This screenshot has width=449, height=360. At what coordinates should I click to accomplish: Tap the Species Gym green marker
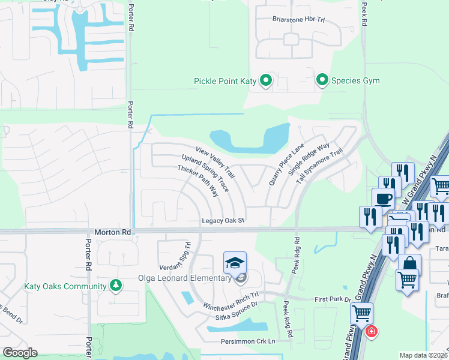322,80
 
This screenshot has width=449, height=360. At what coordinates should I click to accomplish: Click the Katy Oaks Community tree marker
115,286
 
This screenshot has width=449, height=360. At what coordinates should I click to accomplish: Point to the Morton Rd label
112,232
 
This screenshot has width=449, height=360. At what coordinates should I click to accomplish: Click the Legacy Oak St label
223,221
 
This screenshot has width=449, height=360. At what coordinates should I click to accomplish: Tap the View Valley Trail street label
215,163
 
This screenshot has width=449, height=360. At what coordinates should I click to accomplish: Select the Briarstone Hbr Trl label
298,19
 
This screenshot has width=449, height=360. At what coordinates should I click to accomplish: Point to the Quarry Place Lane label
287,163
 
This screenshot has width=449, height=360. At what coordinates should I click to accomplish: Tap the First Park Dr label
332,299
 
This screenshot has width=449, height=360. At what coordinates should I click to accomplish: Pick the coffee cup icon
384,199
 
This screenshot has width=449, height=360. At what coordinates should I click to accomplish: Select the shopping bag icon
409,264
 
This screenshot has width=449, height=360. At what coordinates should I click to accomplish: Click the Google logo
20,353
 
